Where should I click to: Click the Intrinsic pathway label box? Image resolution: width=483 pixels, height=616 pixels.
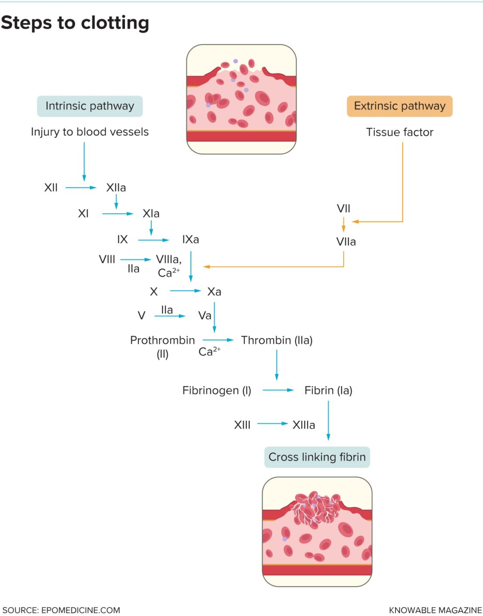(x=90, y=106)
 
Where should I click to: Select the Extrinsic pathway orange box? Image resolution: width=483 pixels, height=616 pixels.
(x=399, y=106)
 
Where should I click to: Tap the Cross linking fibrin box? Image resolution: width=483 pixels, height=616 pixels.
(x=317, y=457)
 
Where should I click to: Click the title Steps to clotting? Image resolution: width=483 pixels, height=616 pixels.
(x=75, y=23)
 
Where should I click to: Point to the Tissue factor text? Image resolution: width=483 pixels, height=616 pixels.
(x=399, y=132)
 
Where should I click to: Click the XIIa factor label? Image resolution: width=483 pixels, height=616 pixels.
(x=116, y=188)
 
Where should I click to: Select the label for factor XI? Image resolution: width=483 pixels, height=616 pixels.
(x=83, y=213)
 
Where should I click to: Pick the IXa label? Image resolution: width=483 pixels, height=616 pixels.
(x=191, y=240)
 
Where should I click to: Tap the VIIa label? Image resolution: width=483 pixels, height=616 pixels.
(x=346, y=242)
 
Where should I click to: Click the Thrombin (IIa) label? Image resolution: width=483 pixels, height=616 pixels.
(x=277, y=340)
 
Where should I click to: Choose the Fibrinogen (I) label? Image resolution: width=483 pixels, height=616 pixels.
(x=217, y=390)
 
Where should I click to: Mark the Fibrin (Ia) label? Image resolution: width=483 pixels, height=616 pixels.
(x=328, y=390)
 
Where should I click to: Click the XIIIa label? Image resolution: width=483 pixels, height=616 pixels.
(x=303, y=425)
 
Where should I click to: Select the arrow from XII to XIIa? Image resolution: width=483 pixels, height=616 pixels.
(x=80, y=188)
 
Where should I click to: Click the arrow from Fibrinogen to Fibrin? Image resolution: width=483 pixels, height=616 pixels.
(x=278, y=390)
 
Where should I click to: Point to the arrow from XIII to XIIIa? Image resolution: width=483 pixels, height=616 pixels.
(x=272, y=423)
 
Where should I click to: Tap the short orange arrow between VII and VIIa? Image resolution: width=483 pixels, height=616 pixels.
(x=343, y=225)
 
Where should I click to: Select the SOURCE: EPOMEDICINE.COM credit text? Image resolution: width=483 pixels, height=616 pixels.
(x=61, y=610)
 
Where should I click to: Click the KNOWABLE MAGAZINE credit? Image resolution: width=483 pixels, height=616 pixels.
(x=435, y=610)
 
